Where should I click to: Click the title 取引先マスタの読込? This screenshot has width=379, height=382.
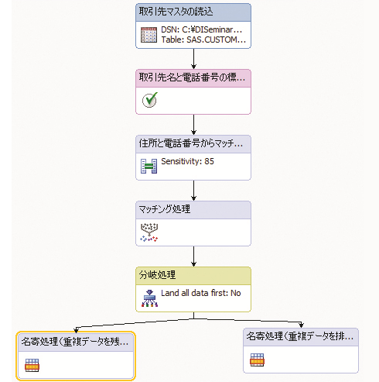pos(176,12)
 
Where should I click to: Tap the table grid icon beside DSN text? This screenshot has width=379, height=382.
pos(149,35)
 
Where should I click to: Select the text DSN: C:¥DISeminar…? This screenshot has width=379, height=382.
pos(202,29)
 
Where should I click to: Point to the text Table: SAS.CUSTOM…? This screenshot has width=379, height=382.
pos(203,40)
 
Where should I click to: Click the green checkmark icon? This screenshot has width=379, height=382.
pos(150,100)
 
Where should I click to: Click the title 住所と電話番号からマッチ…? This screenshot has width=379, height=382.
pos(191,143)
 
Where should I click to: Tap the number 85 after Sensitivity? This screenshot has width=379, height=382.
pos(209,161)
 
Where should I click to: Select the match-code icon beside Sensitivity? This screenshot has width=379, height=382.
pos(149,166)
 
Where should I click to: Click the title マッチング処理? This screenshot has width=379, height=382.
pos(165,209)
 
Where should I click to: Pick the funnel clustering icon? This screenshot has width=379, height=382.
pos(149,232)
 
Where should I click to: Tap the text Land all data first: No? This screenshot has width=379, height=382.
pos(201,293)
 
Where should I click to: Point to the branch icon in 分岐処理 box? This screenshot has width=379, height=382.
pos(149,298)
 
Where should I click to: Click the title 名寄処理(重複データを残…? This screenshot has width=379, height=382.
pos(75,342)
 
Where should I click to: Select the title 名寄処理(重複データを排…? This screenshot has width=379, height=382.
pos(300,336)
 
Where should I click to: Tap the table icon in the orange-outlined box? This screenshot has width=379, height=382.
pos(32,365)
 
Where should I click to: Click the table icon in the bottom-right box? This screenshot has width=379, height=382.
pos(257,360)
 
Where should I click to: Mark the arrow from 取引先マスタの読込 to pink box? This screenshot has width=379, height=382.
pos(193,59)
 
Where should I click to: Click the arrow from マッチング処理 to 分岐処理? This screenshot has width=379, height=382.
pos(193,256)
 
